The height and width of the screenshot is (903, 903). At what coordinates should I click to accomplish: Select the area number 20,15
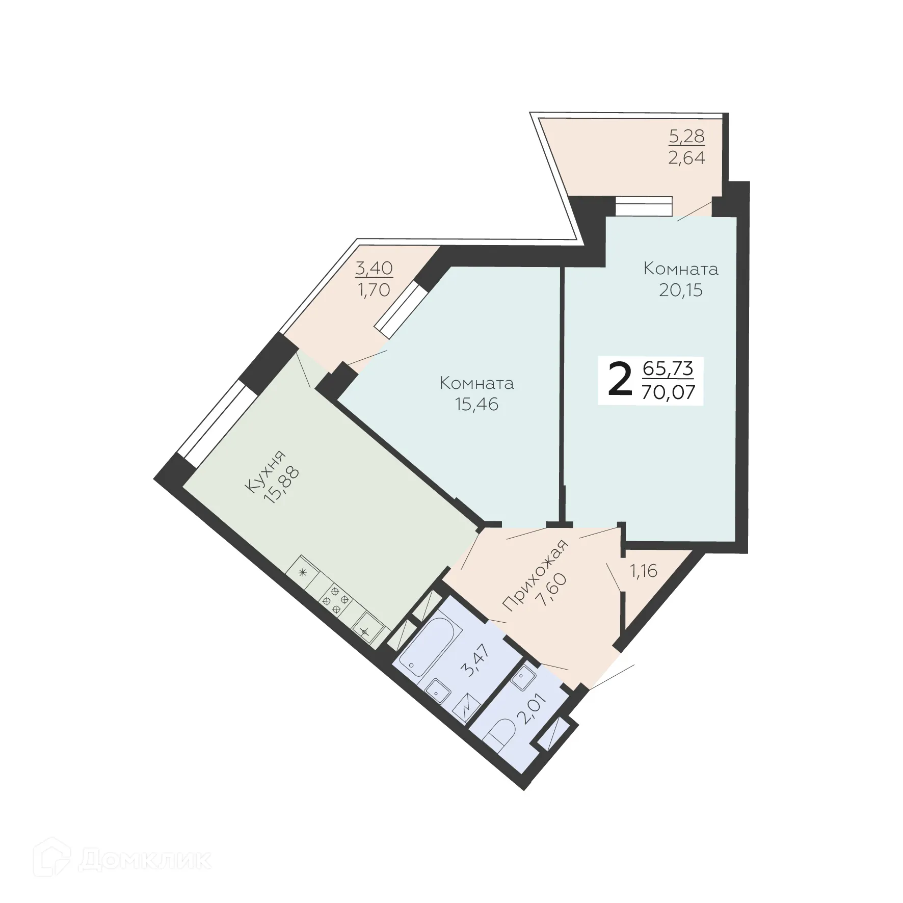[680, 290]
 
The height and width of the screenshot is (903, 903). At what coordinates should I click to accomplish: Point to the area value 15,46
[476, 404]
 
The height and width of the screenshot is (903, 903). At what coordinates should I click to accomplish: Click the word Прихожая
[536, 575]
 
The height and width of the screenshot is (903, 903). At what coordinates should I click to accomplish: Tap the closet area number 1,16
[644, 571]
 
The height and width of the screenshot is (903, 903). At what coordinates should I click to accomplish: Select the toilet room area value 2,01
[531, 709]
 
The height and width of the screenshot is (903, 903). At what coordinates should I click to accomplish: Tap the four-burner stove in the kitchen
[336, 599]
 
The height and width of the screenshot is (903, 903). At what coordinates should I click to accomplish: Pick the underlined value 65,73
[668, 367]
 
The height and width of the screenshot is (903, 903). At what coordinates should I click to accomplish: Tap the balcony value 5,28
[686, 136]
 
